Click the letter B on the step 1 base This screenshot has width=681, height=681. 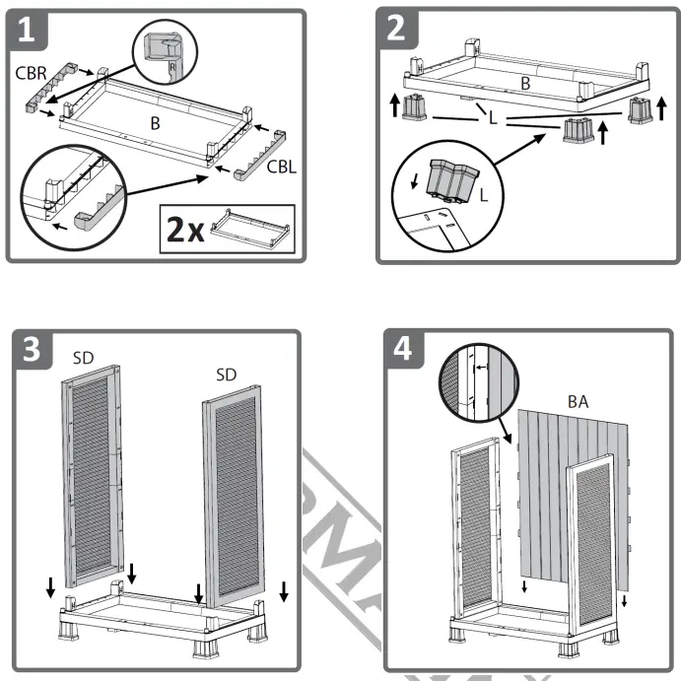[x=155, y=123]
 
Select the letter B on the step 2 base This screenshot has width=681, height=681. [x=525, y=84]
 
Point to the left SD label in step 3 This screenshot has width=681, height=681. [x=83, y=358]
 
